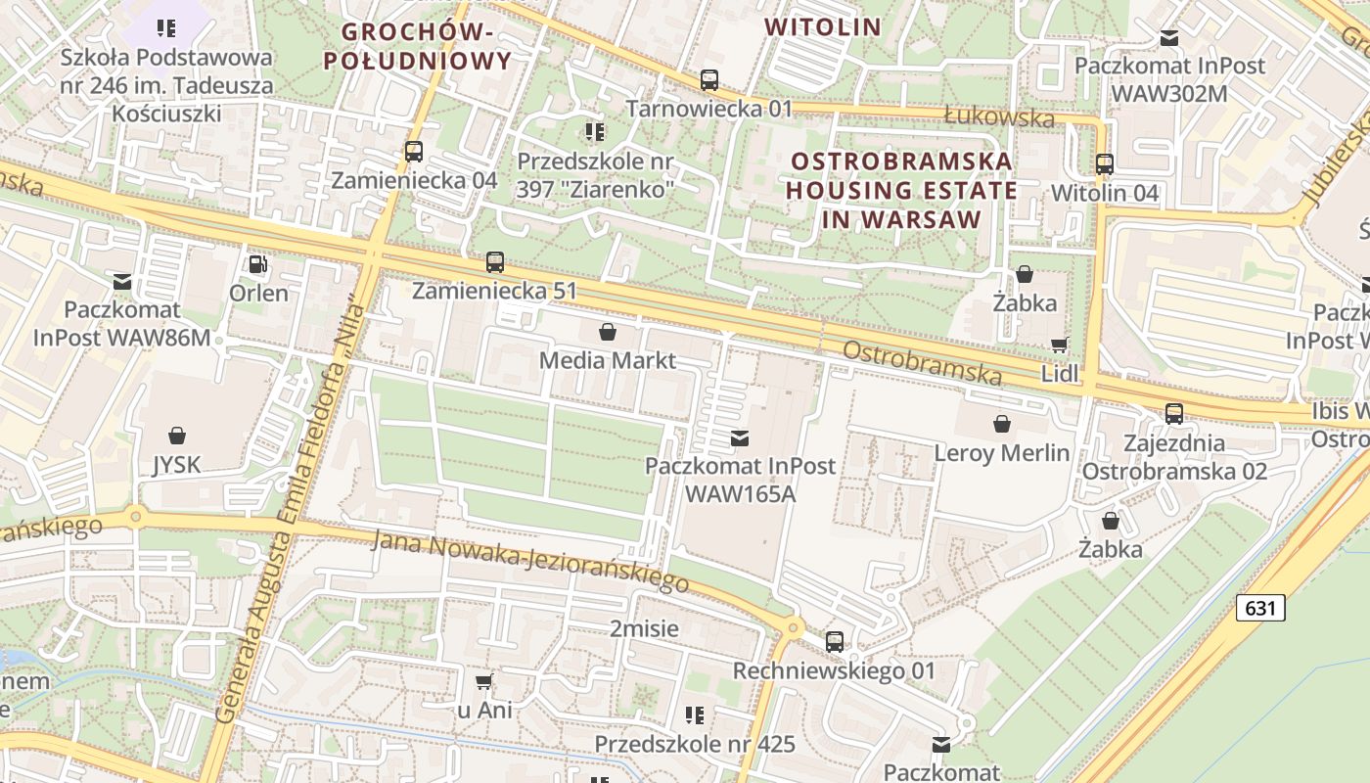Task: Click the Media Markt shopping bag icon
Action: (608, 332)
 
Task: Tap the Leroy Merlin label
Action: (1002, 453)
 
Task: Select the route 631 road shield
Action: (1260, 608)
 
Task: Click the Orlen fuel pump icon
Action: (257, 263)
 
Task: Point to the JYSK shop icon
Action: (177, 436)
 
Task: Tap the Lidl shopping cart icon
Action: (1059, 345)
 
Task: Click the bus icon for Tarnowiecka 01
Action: (709, 79)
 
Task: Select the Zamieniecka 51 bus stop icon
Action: (495, 262)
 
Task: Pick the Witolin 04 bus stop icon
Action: (1105, 163)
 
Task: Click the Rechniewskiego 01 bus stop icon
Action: (835, 642)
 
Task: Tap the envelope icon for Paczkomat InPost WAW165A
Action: (740, 438)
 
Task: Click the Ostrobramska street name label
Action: (922, 363)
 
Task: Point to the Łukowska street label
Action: (999, 117)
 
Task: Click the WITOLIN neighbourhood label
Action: (823, 26)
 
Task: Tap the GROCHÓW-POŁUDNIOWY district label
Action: (417, 46)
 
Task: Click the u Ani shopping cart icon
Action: (483, 681)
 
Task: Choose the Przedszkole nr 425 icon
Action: (695, 714)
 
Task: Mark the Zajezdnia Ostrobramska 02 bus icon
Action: (1174, 413)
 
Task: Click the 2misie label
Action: (644, 628)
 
